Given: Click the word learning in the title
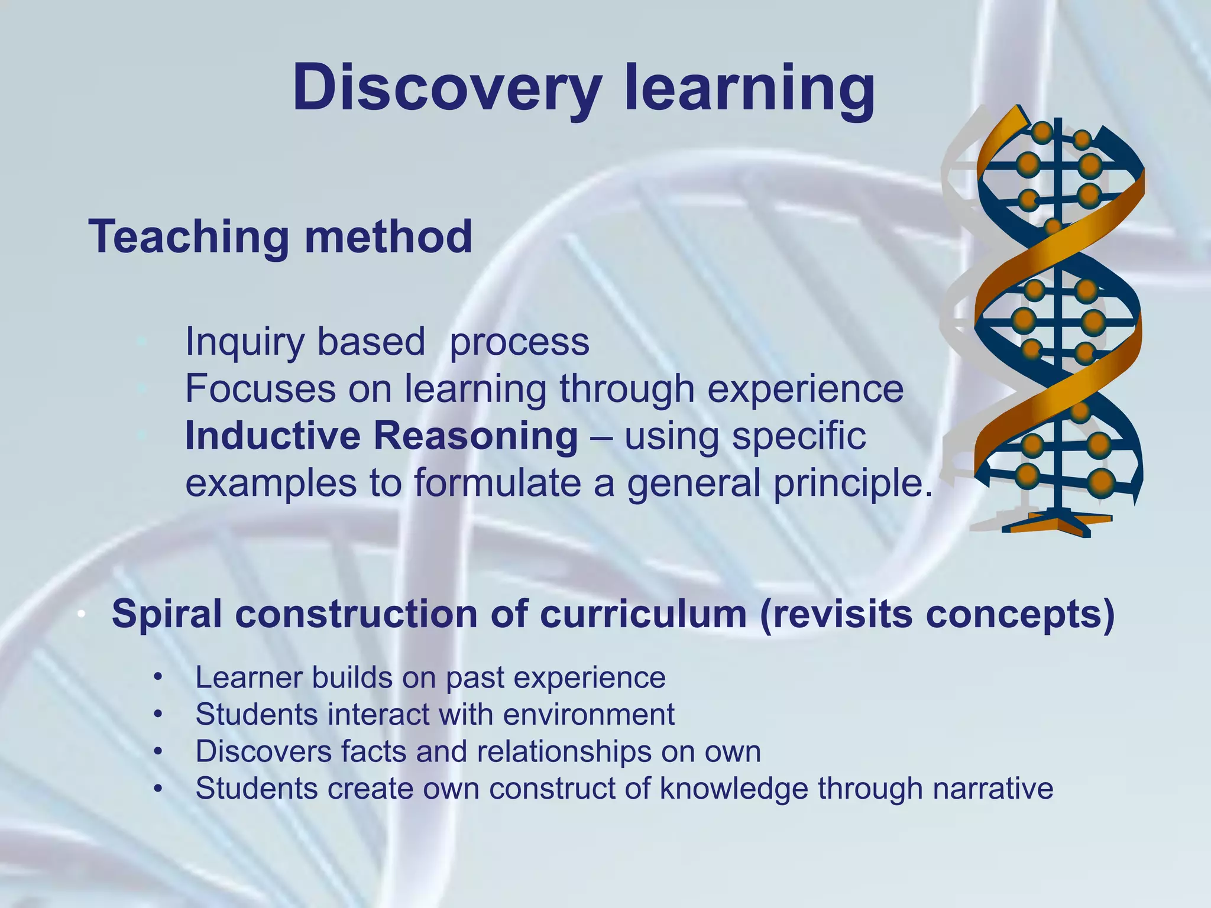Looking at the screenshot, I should pos(749,89).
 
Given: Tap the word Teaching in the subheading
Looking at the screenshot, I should pos(189,237).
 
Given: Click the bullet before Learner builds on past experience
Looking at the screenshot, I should pos(157,678).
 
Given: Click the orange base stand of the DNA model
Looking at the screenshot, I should pos(1058,523).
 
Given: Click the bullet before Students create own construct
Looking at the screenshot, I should pos(157,789).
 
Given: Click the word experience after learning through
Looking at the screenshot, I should pos(805,390).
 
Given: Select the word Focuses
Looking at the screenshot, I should pos(260,390).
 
